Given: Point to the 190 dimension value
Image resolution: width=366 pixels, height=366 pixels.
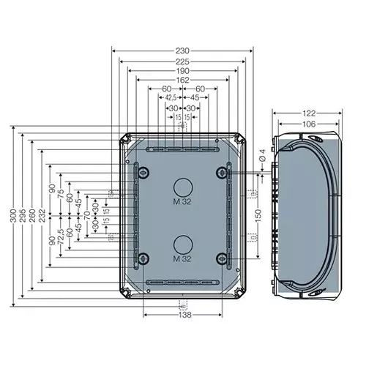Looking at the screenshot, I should (182, 71).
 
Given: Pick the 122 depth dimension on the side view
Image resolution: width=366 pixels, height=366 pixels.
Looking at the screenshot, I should (308, 113).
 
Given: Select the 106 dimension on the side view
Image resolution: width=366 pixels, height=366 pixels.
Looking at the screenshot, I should (308, 124).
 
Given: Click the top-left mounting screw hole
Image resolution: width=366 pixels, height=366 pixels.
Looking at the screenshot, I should (143, 172).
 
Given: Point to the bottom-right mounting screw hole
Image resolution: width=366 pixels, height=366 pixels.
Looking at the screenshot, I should (221, 258).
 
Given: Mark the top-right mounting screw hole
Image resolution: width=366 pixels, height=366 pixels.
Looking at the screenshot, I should (221, 172).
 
